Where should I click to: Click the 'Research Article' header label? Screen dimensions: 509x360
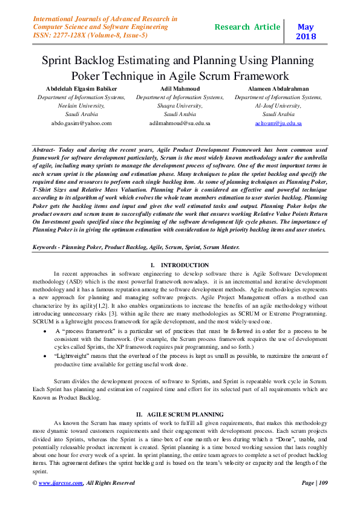point(247,27)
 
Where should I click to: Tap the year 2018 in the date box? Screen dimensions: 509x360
point(306,37)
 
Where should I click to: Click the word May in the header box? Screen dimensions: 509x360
point(306,27)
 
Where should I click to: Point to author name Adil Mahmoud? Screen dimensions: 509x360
point(180,88)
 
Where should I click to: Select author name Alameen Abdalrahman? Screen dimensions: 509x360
point(278,88)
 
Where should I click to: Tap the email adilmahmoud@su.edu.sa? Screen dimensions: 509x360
point(180,123)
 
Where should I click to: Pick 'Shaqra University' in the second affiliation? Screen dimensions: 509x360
point(180,105)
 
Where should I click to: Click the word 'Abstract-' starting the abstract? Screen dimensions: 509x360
point(46,148)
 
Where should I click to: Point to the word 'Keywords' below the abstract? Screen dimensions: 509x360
point(47,247)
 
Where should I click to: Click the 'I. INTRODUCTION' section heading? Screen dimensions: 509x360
point(180,265)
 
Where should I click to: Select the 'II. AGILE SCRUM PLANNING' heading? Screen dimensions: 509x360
point(179,414)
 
